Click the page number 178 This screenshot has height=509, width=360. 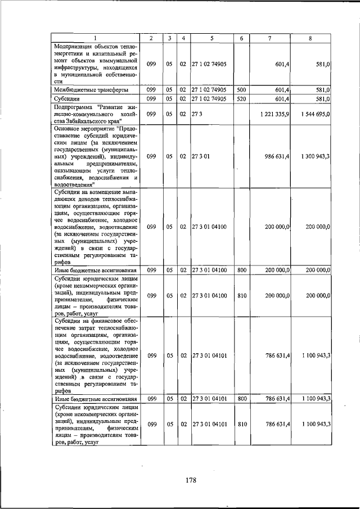190,480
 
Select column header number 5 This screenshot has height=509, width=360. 211,38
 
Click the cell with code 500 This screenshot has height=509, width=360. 241,89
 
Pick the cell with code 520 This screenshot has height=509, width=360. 241,99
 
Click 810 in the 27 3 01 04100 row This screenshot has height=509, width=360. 241,295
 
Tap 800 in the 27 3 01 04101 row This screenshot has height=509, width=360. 241,398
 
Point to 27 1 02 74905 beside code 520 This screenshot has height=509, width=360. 209,99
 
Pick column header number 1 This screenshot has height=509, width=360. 95,38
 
